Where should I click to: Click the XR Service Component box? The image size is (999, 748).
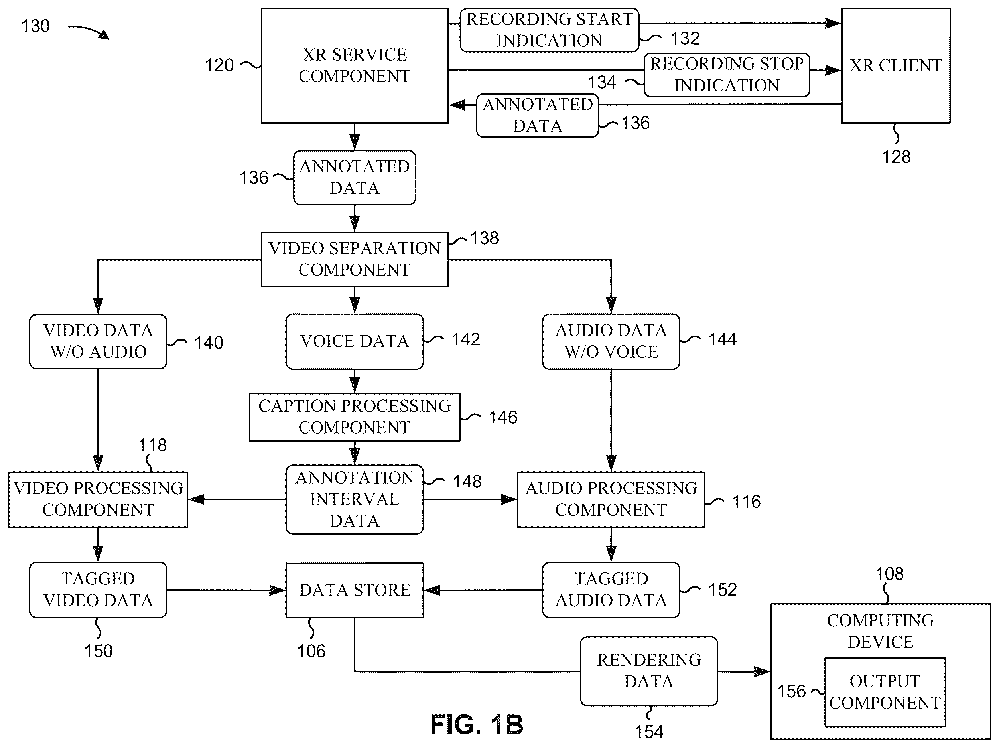355,65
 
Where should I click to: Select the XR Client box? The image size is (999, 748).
896,65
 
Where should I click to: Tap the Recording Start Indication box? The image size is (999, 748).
550,30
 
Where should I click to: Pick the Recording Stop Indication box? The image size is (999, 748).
727,75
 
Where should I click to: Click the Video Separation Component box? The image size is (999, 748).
355,259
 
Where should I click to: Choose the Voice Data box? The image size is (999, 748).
355,341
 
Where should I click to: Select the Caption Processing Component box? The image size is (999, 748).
355,417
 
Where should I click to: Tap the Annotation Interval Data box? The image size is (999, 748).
355,499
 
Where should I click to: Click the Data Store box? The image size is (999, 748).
355,590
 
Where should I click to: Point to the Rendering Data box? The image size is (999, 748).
649,671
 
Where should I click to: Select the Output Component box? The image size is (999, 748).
885,692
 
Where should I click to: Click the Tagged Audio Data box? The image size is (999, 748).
611,590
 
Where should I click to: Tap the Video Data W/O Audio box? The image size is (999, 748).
98,341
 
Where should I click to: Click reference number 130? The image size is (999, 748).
35,26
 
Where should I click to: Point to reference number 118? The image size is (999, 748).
153,445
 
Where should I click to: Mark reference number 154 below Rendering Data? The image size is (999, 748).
649,732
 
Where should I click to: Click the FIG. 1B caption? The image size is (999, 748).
477,724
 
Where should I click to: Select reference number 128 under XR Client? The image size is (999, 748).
897,157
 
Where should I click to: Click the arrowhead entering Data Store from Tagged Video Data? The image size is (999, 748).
277,590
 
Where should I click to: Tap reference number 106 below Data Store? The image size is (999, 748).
311,651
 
